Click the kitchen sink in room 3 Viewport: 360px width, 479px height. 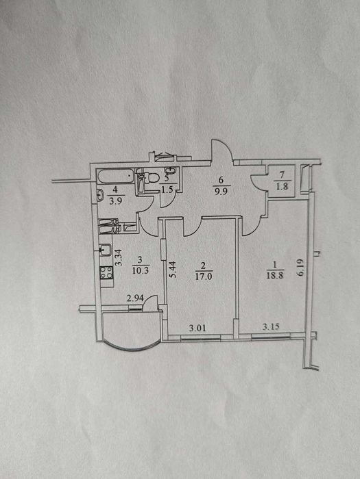coord(106,249)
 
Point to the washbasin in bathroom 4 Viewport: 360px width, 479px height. coord(100,196)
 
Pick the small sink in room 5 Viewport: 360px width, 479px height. coord(170,170)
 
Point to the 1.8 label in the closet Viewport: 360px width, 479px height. coord(281,187)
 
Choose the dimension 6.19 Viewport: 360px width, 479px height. coord(300,268)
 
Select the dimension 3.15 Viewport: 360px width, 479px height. coord(271,327)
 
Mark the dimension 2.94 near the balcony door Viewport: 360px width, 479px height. coord(134,298)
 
